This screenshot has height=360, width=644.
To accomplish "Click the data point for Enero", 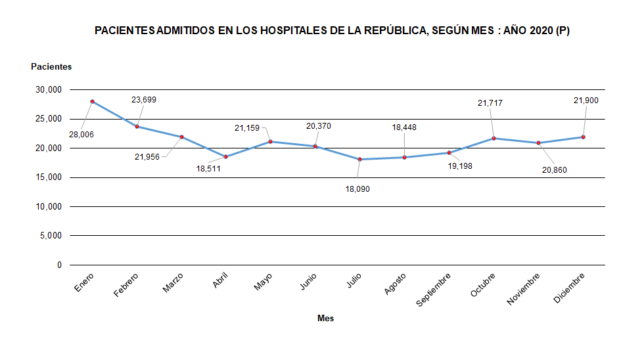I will [x=93, y=101].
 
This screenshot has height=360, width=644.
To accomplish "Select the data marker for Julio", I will [x=360, y=159].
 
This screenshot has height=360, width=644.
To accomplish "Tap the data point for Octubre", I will [x=494, y=138].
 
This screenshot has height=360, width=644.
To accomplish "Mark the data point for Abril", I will [x=226, y=156].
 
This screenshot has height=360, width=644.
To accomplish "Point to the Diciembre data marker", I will [x=583, y=137].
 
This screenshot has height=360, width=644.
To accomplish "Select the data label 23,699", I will [x=144, y=100].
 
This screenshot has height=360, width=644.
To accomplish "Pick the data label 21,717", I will [x=490, y=102].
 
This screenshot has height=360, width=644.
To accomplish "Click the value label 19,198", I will [x=459, y=166].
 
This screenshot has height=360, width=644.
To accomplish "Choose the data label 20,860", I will [x=554, y=170].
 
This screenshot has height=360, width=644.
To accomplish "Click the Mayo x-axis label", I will [x=264, y=283].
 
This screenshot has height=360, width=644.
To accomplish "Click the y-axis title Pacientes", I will [x=51, y=66].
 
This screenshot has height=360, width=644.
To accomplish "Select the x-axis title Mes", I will [x=326, y=318].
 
